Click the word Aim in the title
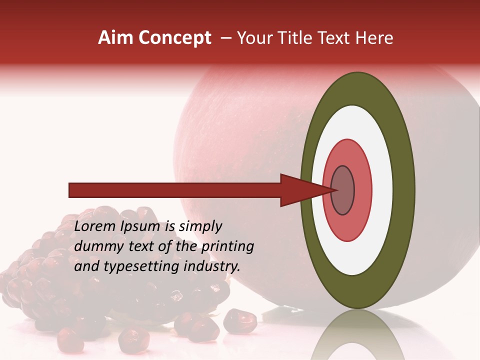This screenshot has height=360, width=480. (x=116, y=38)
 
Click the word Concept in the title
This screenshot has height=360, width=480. (x=175, y=38)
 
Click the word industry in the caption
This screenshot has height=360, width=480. (x=212, y=266)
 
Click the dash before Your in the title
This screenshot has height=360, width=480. (x=225, y=38)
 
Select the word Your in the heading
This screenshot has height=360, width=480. (x=254, y=38)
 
